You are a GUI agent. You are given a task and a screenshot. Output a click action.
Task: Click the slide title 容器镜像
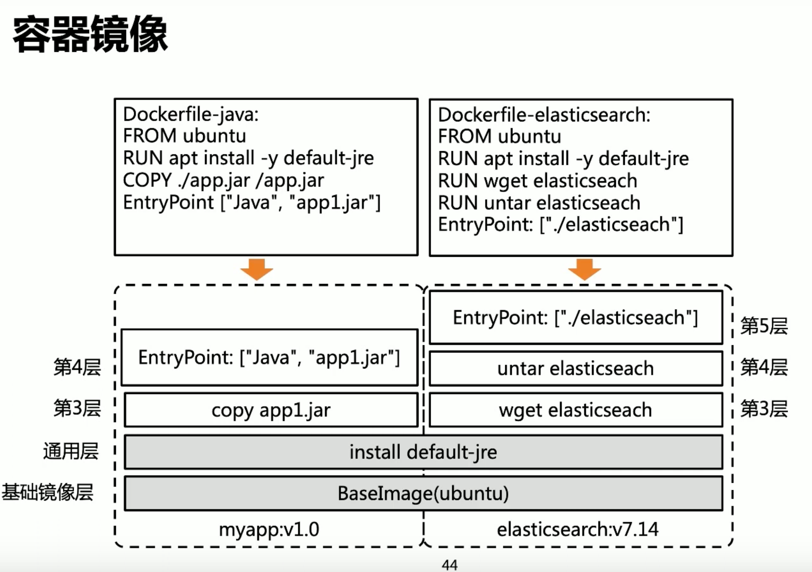pyautogui.click(x=90, y=34)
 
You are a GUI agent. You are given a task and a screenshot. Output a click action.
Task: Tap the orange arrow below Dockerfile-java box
pyautogui.click(x=256, y=269)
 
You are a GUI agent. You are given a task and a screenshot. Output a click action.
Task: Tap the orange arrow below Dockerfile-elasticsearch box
pyautogui.click(x=584, y=269)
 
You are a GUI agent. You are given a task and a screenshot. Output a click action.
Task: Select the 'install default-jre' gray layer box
pyautogui.click(x=423, y=452)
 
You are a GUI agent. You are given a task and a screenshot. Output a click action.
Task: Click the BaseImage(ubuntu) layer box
pyautogui.click(x=423, y=493)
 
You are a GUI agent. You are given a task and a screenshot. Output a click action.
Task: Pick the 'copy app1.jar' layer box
pyautogui.click(x=271, y=410)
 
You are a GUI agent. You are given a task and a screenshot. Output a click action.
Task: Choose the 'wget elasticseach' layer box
pyautogui.click(x=575, y=410)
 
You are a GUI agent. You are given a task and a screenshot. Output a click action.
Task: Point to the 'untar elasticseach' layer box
pyautogui.click(x=575, y=368)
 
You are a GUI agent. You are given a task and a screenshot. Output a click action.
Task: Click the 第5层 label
pyautogui.click(x=764, y=326)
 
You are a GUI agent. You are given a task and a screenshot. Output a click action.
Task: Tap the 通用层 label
pyautogui.click(x=71, y=451)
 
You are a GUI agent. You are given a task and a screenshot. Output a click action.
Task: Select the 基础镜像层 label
pyautogui.click(x=47, y=493)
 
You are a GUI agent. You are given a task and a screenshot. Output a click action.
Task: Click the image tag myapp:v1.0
pyautogui.click(x=269, y=529)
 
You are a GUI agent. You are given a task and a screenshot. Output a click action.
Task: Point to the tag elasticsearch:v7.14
pyautogui.click(x=577, y=529)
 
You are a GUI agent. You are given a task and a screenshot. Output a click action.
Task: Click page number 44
pyautogui.click(x=449, y=565)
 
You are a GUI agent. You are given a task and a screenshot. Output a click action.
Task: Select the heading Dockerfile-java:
pyautogui.click(x=190, y=115)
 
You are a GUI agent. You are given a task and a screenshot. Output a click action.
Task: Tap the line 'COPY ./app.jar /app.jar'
pyautogui.click(x=223, y=180)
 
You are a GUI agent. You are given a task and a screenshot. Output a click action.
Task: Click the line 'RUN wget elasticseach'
pyautogui.click(x=537, y=181)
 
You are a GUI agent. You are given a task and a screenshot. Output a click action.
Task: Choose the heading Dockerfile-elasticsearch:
pyautogui.click(x=544, y=115)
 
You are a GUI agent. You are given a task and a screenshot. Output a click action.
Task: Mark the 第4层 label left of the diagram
pyautogui.click(x=77, y=367)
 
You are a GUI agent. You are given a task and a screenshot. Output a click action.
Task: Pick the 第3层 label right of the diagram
pyautogui.click(x=764, y=408)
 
